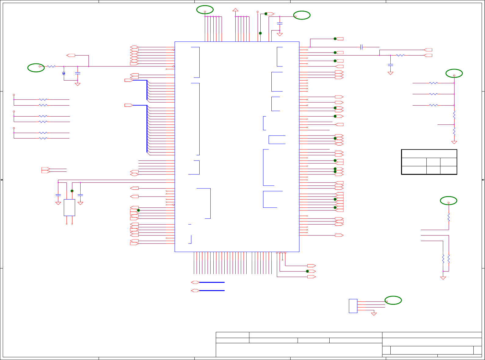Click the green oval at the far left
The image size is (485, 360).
pyautogui.click(x=36, y=68)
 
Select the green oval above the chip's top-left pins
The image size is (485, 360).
pyautogui.click(x=205, y=10)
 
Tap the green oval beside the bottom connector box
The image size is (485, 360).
pyautogui.click(x=393, y=300)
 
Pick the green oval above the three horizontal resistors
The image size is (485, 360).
pyautogui.click(x=454, y=74)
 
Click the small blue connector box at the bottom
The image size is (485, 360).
pyautogui.click(x=353, y=306)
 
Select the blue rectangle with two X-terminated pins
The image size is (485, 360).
pyautogui.click(x=69, y=208)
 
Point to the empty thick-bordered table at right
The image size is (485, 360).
pyautogui.click(x=429, y=162)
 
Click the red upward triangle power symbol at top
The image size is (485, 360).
pyautogui.click(x=235, y=10)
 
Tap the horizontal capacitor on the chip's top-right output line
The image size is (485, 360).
pyautogui.click(x=361, y=47)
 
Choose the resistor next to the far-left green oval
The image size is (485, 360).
pyautogui.click(x=51, y=66)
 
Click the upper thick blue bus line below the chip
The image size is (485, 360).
pyautogui.click(x=212, y=283)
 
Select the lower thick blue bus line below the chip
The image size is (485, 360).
pyautogui.click(x=212, y=291)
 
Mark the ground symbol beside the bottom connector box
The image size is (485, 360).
pyautogui.click(x=374, y=314)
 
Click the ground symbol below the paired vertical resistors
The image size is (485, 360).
pyautogui.click(x=443, y=278)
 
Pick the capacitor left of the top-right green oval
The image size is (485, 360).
pyautogui.click(x=280, y=23)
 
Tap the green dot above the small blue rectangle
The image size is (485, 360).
pyautogui.click(x=72, y=191)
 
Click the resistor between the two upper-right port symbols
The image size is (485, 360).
pyautogui.click(x=400, y=55)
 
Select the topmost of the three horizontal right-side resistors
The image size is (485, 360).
pyautogui.click(x=433, y=83)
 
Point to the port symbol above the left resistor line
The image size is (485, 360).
pyautogui.click(x=71, y=55)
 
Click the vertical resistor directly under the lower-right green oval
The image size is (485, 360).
pyautogui.click(x=449, y=217)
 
